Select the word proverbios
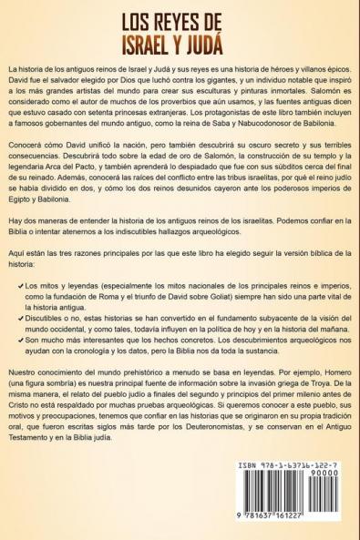pos(165,106)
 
